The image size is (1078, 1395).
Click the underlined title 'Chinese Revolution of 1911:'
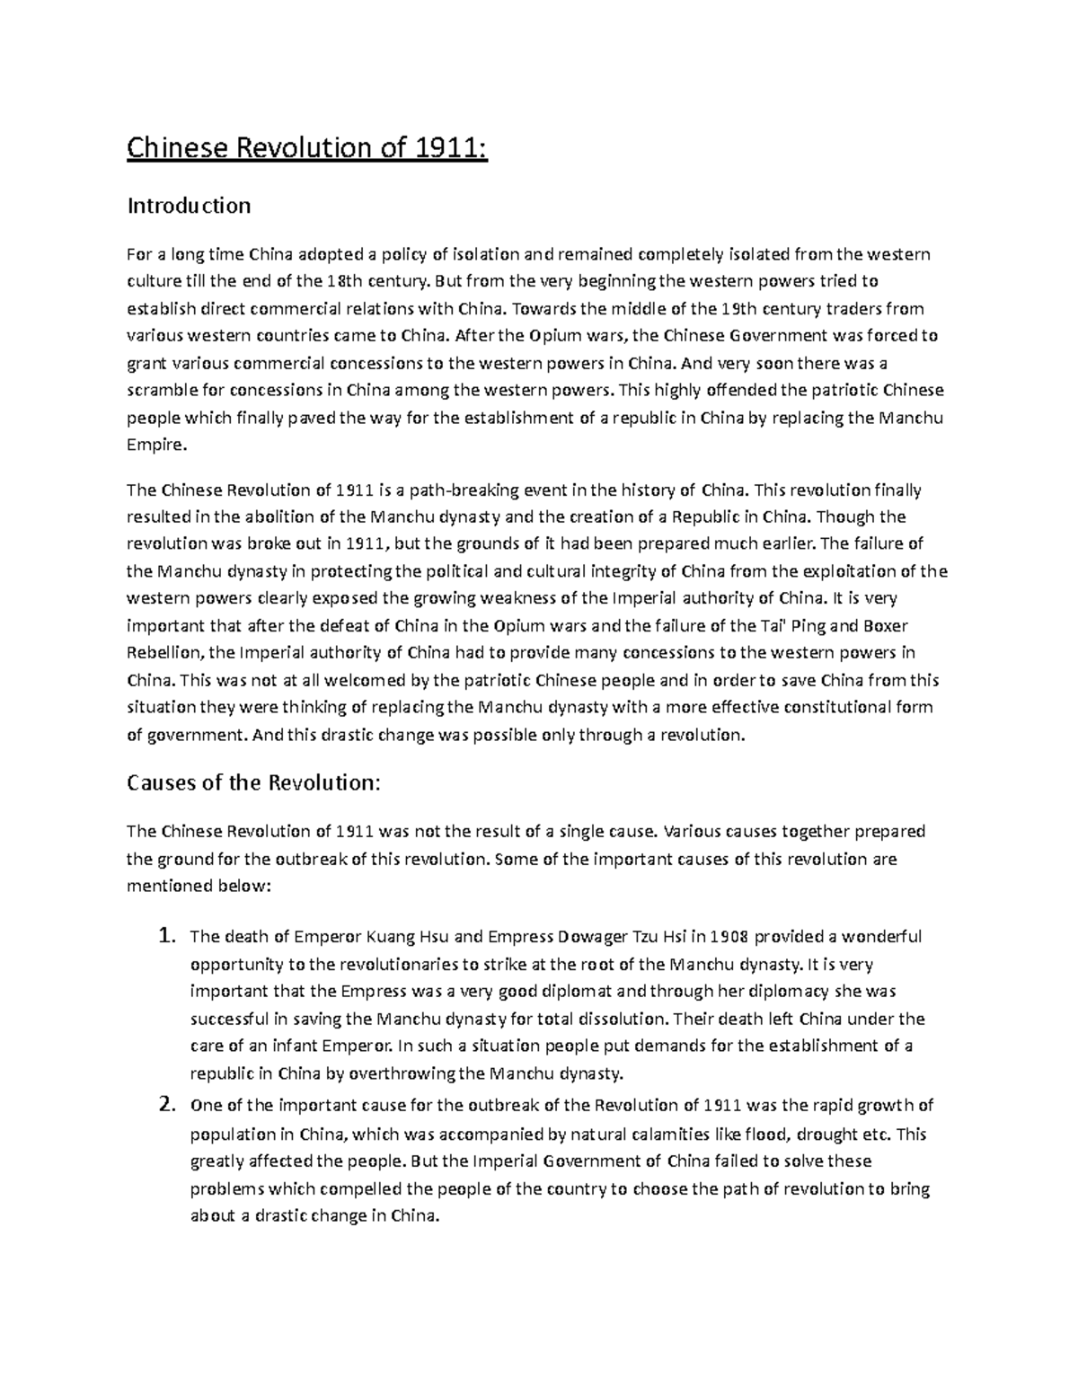pyautogui.click(x=306, y=146)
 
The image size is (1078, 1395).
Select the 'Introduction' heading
pyautogui.click(x=189, y=206)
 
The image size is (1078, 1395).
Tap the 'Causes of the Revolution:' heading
pyautogui.click(x=254, y=782)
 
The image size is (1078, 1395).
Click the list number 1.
pyautogui.click(x=165, y=937)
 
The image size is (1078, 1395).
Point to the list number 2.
pyautogui.click(x=165, y=1105)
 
